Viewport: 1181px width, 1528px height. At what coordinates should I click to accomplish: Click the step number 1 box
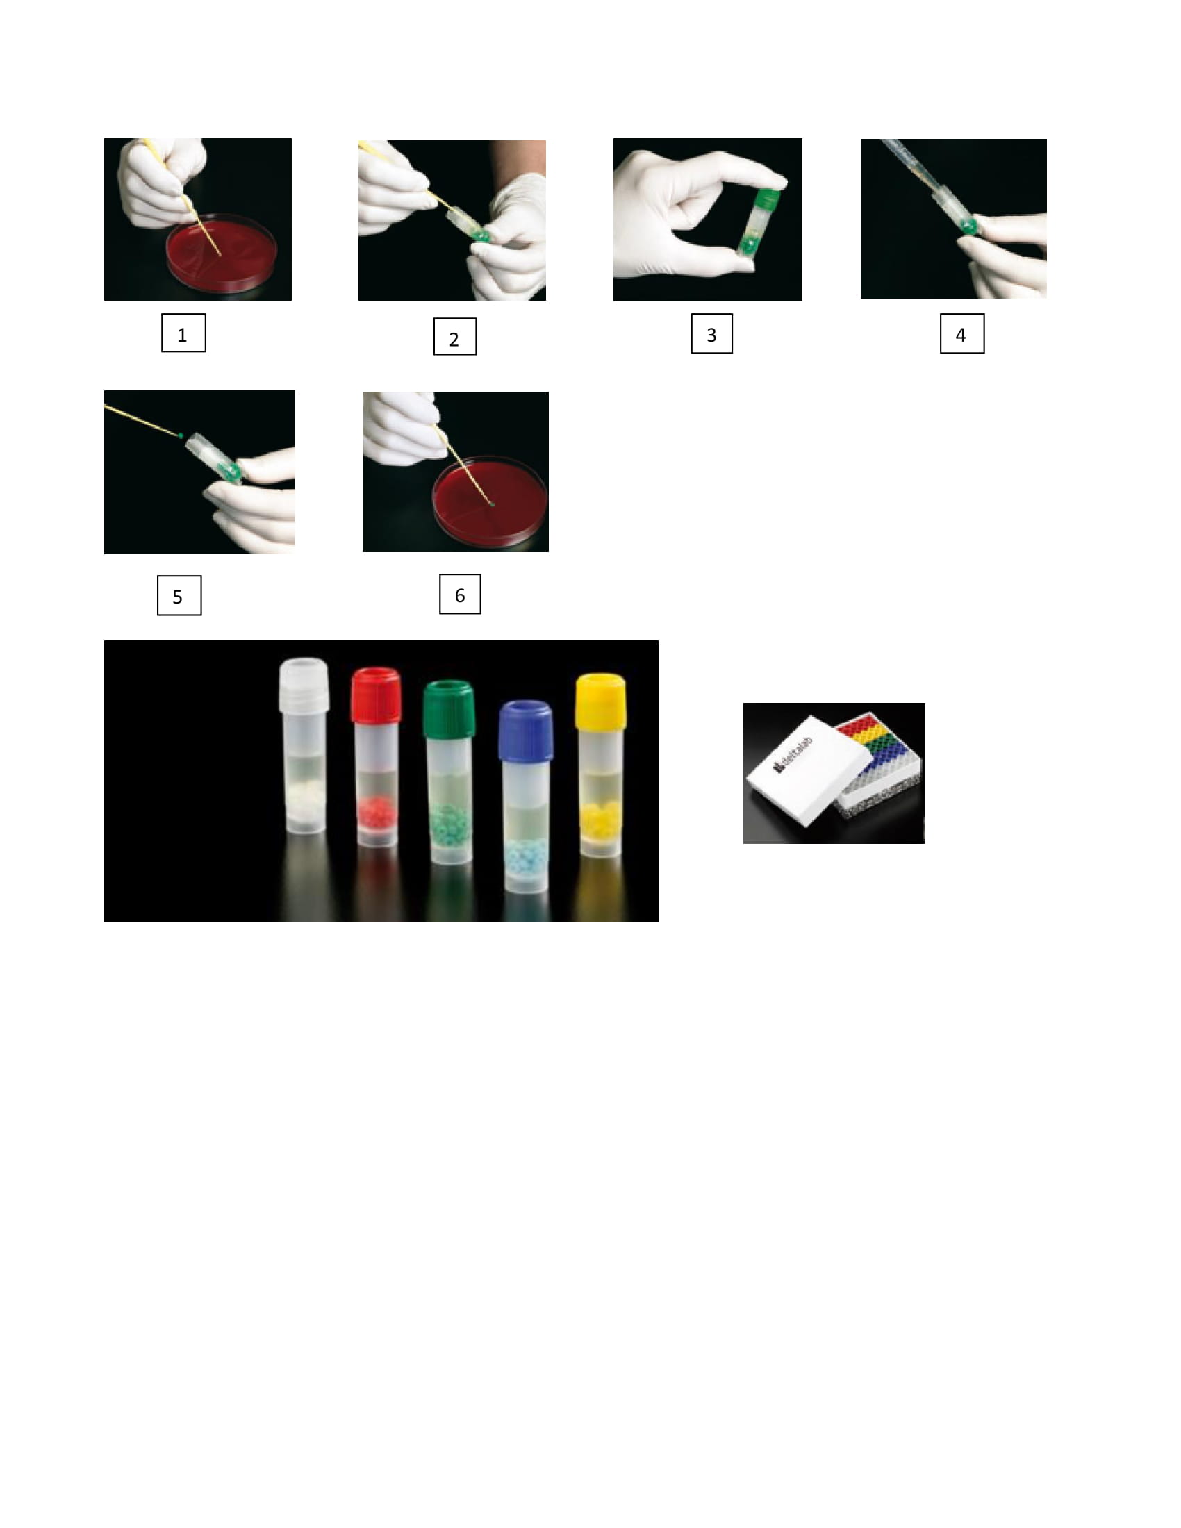pyautogui.click(x=183, y=332)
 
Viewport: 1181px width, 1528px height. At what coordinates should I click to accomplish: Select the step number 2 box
pyautogui.click(x=455, y=337)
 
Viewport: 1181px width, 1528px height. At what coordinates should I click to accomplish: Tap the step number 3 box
pyautogui.click(x=711, y=333)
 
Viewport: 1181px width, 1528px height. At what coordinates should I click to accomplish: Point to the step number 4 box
pyautogui.click(x=962, y=333)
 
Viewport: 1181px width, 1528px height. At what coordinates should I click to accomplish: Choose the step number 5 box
pyautogui.click(x=179, y=595)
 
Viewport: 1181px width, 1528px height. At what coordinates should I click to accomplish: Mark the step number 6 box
pyautogui.click(x=460, y=594)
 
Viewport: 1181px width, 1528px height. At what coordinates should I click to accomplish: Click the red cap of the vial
pyautogui.click(x=377, y=695)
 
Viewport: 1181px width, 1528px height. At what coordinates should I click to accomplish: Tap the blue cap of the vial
pyautogui.click(x=525, y=730)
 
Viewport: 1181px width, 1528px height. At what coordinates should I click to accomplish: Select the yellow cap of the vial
pyautogui.click(x=600, y=700)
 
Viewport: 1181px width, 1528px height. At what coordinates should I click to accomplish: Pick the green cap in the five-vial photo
pyautogui.click(x=449, y=708)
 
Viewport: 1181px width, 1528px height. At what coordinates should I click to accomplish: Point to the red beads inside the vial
pyautogui.click(x=377, y=811)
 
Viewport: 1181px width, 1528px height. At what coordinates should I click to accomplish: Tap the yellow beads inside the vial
pyautogui.click(x=600, y=815)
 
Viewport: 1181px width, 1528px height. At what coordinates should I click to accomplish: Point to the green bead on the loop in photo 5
pyautogui.click(x=181, y=435)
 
